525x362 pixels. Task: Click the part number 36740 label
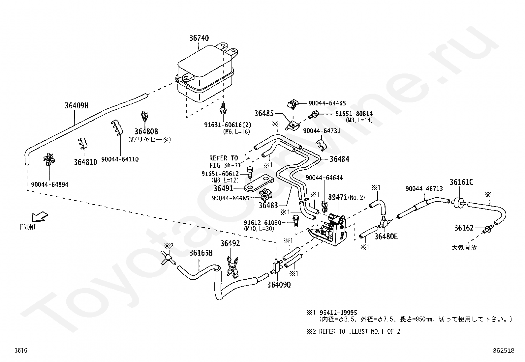pos(199,38)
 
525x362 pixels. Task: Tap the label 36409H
pos(77,105)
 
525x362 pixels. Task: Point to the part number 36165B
pos(201,253)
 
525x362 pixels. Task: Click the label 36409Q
pos(279,285)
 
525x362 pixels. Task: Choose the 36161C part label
pos(461,182)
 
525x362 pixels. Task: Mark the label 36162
pos(464,228)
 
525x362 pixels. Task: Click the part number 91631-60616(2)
pos(228,125)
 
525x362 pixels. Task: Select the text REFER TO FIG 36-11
pos(224,162)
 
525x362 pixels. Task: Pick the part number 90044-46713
pos(424,189)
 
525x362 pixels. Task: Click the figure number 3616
pos(20,351)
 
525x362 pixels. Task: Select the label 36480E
pos(386,236)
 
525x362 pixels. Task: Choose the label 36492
pos(230,243)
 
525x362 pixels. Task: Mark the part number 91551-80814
pos(354,114)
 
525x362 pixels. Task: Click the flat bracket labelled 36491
pos(259,184)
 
